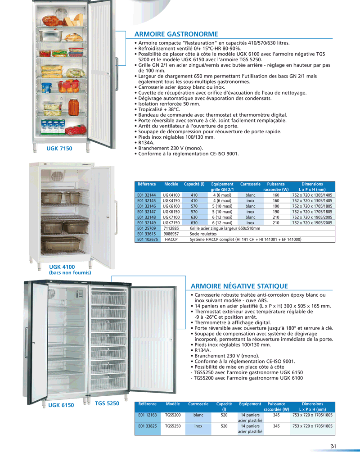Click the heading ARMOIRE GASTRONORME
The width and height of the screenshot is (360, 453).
(176, 34)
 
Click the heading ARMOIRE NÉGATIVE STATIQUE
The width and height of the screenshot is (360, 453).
(239, 286)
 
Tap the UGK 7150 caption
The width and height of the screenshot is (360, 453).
(59, 148)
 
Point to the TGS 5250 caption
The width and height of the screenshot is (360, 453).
(107, 403)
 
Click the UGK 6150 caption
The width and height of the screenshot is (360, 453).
(61, 405)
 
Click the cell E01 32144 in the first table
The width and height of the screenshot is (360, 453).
(146, 195)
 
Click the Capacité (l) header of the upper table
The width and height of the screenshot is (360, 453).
(194, 184)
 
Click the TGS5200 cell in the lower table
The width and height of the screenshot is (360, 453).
(173, 415)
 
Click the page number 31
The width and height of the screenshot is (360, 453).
(333, 446)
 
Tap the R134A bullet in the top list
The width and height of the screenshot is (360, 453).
(144, 143)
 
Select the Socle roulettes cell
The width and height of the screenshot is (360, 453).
(203, 234)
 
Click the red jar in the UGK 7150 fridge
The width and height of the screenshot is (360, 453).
(73, 107)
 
